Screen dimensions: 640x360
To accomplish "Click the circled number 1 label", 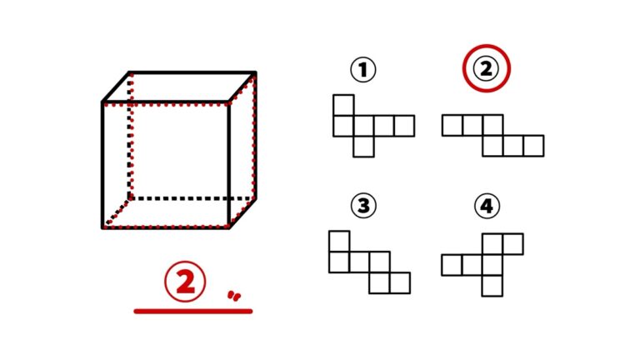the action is [362, 70].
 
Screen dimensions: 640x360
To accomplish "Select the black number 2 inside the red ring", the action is [486, 68].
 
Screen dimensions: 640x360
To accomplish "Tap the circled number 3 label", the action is [363, 205].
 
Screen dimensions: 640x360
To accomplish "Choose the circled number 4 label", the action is [487, 206].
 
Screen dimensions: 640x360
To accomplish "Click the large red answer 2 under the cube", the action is [185, 282].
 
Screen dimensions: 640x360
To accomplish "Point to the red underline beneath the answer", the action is [193, 312].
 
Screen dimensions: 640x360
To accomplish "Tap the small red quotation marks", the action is [234, 296].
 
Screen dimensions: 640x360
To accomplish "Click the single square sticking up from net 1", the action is [343, 105].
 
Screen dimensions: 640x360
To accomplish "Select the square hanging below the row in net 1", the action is [363, 147].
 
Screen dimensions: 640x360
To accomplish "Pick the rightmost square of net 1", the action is [404, 126].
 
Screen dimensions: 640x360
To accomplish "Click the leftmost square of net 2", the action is [452, 125].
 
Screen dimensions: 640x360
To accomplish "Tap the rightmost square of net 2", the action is [534, 146].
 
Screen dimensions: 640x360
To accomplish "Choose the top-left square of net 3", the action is [339, 242].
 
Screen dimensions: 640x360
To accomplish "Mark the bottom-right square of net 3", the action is [400, 282].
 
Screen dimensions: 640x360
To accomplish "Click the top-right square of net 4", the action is [513, 244].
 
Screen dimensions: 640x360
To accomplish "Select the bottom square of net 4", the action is [492, 286].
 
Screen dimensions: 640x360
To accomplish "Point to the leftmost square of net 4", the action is [452, 265].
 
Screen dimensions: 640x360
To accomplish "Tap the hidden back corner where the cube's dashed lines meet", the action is [130, 199].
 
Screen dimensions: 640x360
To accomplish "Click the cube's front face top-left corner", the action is [102, 102].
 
